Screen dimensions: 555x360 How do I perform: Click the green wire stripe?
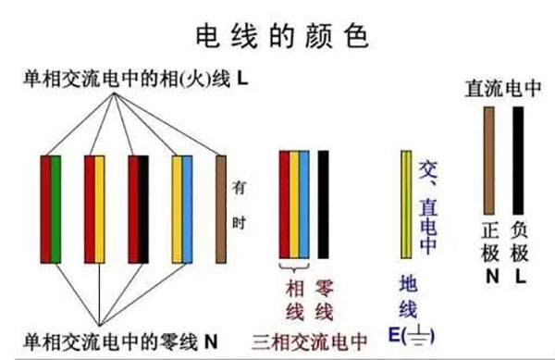[x=56, y=208]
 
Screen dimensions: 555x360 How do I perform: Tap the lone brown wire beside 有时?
[x=221, y=207]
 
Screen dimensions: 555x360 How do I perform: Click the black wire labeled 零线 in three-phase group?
[x=323, y=203]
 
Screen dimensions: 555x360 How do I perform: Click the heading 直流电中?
[x=501, y=90]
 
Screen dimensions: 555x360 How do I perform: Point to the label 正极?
[x=490, y=240]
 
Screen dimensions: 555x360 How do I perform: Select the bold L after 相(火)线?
[x=242, y=81]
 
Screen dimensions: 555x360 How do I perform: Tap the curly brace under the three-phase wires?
[x=294, y=265]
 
